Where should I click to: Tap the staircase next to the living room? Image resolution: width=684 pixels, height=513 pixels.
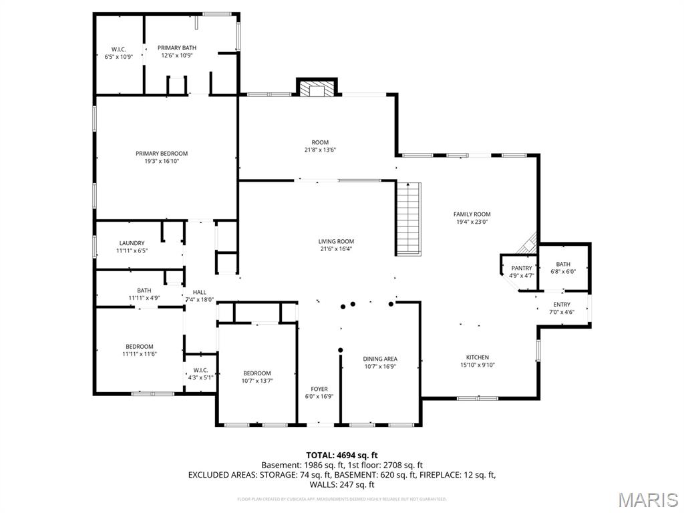point(409,218)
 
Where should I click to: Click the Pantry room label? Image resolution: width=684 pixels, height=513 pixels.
point(522,268)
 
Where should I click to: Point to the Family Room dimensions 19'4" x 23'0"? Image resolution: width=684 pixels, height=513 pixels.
point(472,222)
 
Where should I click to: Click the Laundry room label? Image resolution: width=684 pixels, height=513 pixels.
point(132,243)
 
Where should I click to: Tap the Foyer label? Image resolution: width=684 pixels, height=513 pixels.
point(319,389)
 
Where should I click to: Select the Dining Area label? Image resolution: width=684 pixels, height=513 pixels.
point(380,359)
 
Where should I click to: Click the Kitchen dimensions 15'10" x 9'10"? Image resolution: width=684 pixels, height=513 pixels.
point(478,365)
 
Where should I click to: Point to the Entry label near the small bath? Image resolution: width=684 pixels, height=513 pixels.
point(562,305)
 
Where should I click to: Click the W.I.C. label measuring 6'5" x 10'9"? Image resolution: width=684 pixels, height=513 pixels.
point(119,49)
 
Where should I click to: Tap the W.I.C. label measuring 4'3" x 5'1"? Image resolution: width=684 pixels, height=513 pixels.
point(200,370)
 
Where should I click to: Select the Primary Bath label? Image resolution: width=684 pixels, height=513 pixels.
point(177,47)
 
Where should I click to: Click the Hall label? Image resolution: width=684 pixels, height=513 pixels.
point(199,292)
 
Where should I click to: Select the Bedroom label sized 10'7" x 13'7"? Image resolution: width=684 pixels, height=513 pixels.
point(257,373)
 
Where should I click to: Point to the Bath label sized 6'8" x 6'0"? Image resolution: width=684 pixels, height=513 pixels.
point(563,264)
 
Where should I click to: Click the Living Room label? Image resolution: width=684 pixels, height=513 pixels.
point(336,241)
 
